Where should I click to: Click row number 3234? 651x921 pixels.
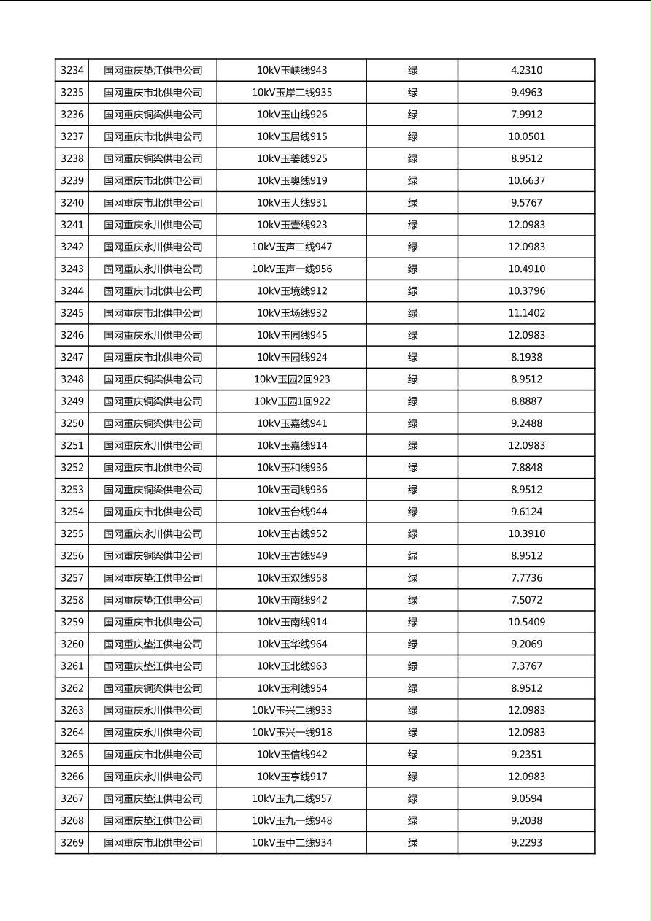pyautogui.click(x=72, y=71)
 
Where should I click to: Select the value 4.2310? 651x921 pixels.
pyautogui.click(x=526, y=71)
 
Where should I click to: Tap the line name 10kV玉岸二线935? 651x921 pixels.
pyautogui.click(x=292, y=93)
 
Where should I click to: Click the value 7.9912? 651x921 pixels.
pyautogui.click(x=526, y=115)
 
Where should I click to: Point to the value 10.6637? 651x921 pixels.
pyautogui.click(x=526, y=181)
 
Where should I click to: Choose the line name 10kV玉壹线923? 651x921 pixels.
pyautogui.click(x=292, y=225)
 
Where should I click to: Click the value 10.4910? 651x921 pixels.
pyautogui.click(x=526, y=269)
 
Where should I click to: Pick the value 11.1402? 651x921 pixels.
pyautogui.click(x=526, y=313)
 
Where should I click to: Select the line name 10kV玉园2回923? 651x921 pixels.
pyautogui.click(x=292, y=379)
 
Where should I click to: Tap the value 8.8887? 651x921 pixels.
pyautogui.click(x=526, y=401)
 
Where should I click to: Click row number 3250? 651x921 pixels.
pyautogui.click(x=72, y=423)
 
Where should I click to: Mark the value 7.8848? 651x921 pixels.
pyautogui.click(x=526, y=468)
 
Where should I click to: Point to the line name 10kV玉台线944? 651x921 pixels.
pyautogui.click(x=292, y=512)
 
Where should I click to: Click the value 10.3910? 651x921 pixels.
pyautogui.click(x=526, y=533)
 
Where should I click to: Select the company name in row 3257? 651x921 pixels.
pyautogui.click(x=153, y=578)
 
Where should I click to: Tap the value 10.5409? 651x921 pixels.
pyautogui.click(x=526, y=622)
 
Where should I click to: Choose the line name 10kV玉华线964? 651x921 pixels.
pyautogui.click(x=292, y=644)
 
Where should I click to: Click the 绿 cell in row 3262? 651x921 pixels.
pyautogui.click(x=412, y=688)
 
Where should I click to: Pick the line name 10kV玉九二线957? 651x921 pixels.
pyautogui.click(x=292, y=798)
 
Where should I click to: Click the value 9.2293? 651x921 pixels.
pyautogui.click(x=526, y=843)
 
